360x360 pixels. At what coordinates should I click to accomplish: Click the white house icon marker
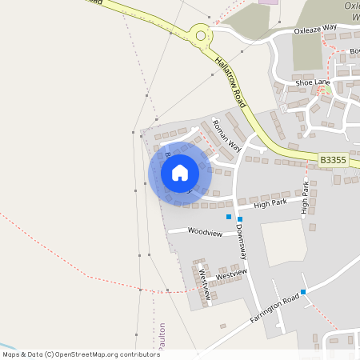tap(180, 173)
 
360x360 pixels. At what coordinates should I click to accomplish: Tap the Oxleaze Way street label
tap(315, 28)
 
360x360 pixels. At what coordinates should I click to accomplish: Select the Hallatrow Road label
tap(230, 82)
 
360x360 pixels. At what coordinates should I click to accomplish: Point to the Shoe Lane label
tap(312, 82)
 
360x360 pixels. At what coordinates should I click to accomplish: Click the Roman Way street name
tap(226, 135)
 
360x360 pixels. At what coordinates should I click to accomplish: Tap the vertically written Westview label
tap(202, 283)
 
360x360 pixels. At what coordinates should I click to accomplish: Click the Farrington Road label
tap(274, 308)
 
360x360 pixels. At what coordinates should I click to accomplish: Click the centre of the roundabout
tap(200, 34)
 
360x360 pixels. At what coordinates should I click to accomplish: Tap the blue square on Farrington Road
tap(302, 292)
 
